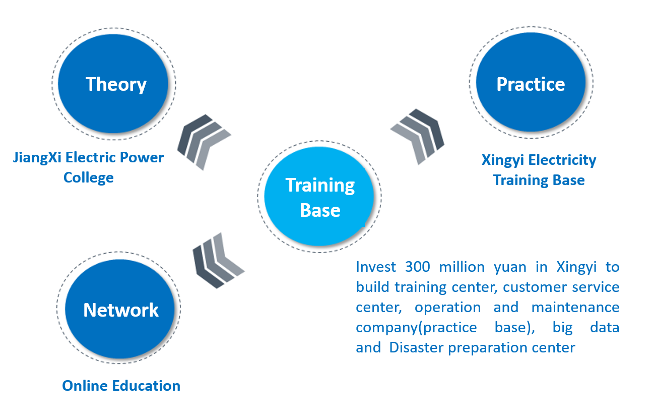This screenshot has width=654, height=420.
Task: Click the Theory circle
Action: (113, 84)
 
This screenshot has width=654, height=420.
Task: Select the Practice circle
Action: (531, 82)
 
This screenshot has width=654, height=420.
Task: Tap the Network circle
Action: (120, 309)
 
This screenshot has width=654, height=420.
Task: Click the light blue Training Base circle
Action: (319, 196)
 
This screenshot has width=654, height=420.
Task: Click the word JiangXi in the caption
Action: (37, 158)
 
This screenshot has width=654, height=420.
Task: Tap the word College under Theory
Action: (89, 178)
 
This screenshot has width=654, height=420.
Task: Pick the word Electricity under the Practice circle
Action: (562, 160)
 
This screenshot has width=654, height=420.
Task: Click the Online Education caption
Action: (121, 386)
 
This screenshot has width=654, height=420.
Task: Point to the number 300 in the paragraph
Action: (418, 267)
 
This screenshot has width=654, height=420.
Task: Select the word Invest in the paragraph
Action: (376, 267)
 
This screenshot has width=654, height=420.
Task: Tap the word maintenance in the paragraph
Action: (575, 307)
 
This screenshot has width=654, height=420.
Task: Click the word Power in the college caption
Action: (142, 157)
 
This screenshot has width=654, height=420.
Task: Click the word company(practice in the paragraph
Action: (416, 328)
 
